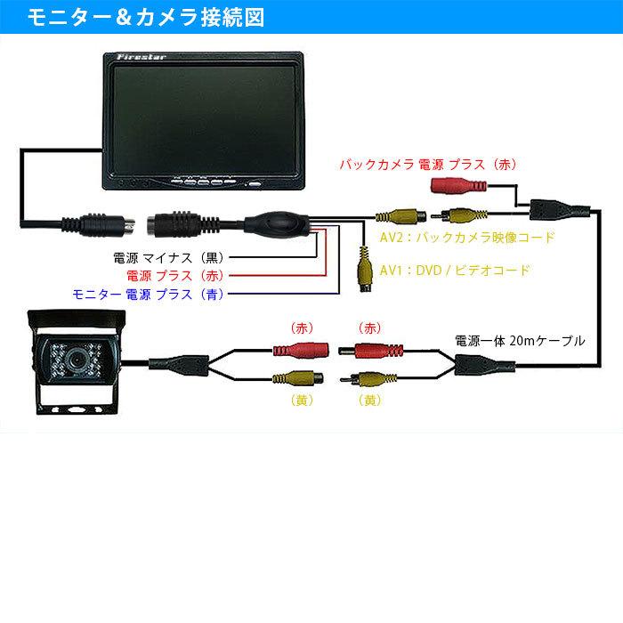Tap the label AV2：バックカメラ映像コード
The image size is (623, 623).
467,239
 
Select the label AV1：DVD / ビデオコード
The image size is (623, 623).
454,270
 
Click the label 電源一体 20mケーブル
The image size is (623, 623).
521,340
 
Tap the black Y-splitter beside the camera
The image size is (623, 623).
179,362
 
